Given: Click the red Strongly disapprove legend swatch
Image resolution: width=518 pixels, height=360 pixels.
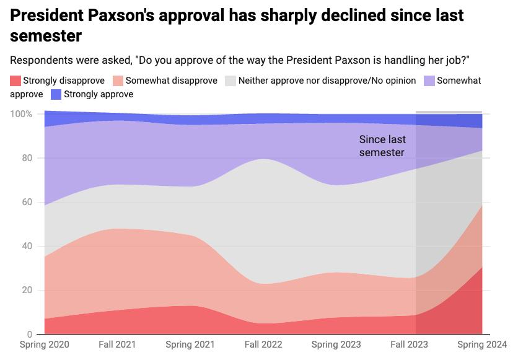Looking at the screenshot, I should tap(15, 81).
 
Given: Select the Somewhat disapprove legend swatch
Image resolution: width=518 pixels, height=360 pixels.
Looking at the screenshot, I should tap(118, 81).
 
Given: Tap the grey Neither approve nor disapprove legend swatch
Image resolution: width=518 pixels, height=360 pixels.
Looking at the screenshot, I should tap(230, 81).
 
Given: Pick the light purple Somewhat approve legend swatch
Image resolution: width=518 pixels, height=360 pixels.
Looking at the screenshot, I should tap(429, 81).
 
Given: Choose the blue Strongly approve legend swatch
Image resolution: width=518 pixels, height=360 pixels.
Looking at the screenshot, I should tap(56, 94).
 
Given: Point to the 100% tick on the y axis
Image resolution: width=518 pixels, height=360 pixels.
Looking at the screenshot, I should tap(21, 114).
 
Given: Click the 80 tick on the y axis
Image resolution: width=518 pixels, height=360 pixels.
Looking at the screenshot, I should tap(26, 158).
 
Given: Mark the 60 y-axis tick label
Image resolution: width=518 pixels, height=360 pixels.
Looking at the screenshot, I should tap(26, 202).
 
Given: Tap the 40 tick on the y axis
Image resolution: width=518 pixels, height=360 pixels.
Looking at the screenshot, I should tap(26, 246).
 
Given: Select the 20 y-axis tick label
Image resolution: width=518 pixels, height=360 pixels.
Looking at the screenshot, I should tap(26, 290).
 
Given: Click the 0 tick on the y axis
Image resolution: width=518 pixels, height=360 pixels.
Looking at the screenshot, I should tap(29, 334).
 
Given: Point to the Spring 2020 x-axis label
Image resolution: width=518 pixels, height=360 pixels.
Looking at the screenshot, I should tap(45, 344).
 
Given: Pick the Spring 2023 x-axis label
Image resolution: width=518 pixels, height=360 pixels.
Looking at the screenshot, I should tap(335, 344).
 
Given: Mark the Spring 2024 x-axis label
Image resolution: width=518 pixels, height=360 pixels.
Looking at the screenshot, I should tap(481, 344).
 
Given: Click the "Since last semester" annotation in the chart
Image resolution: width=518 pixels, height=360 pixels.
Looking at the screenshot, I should tap(382, 146).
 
